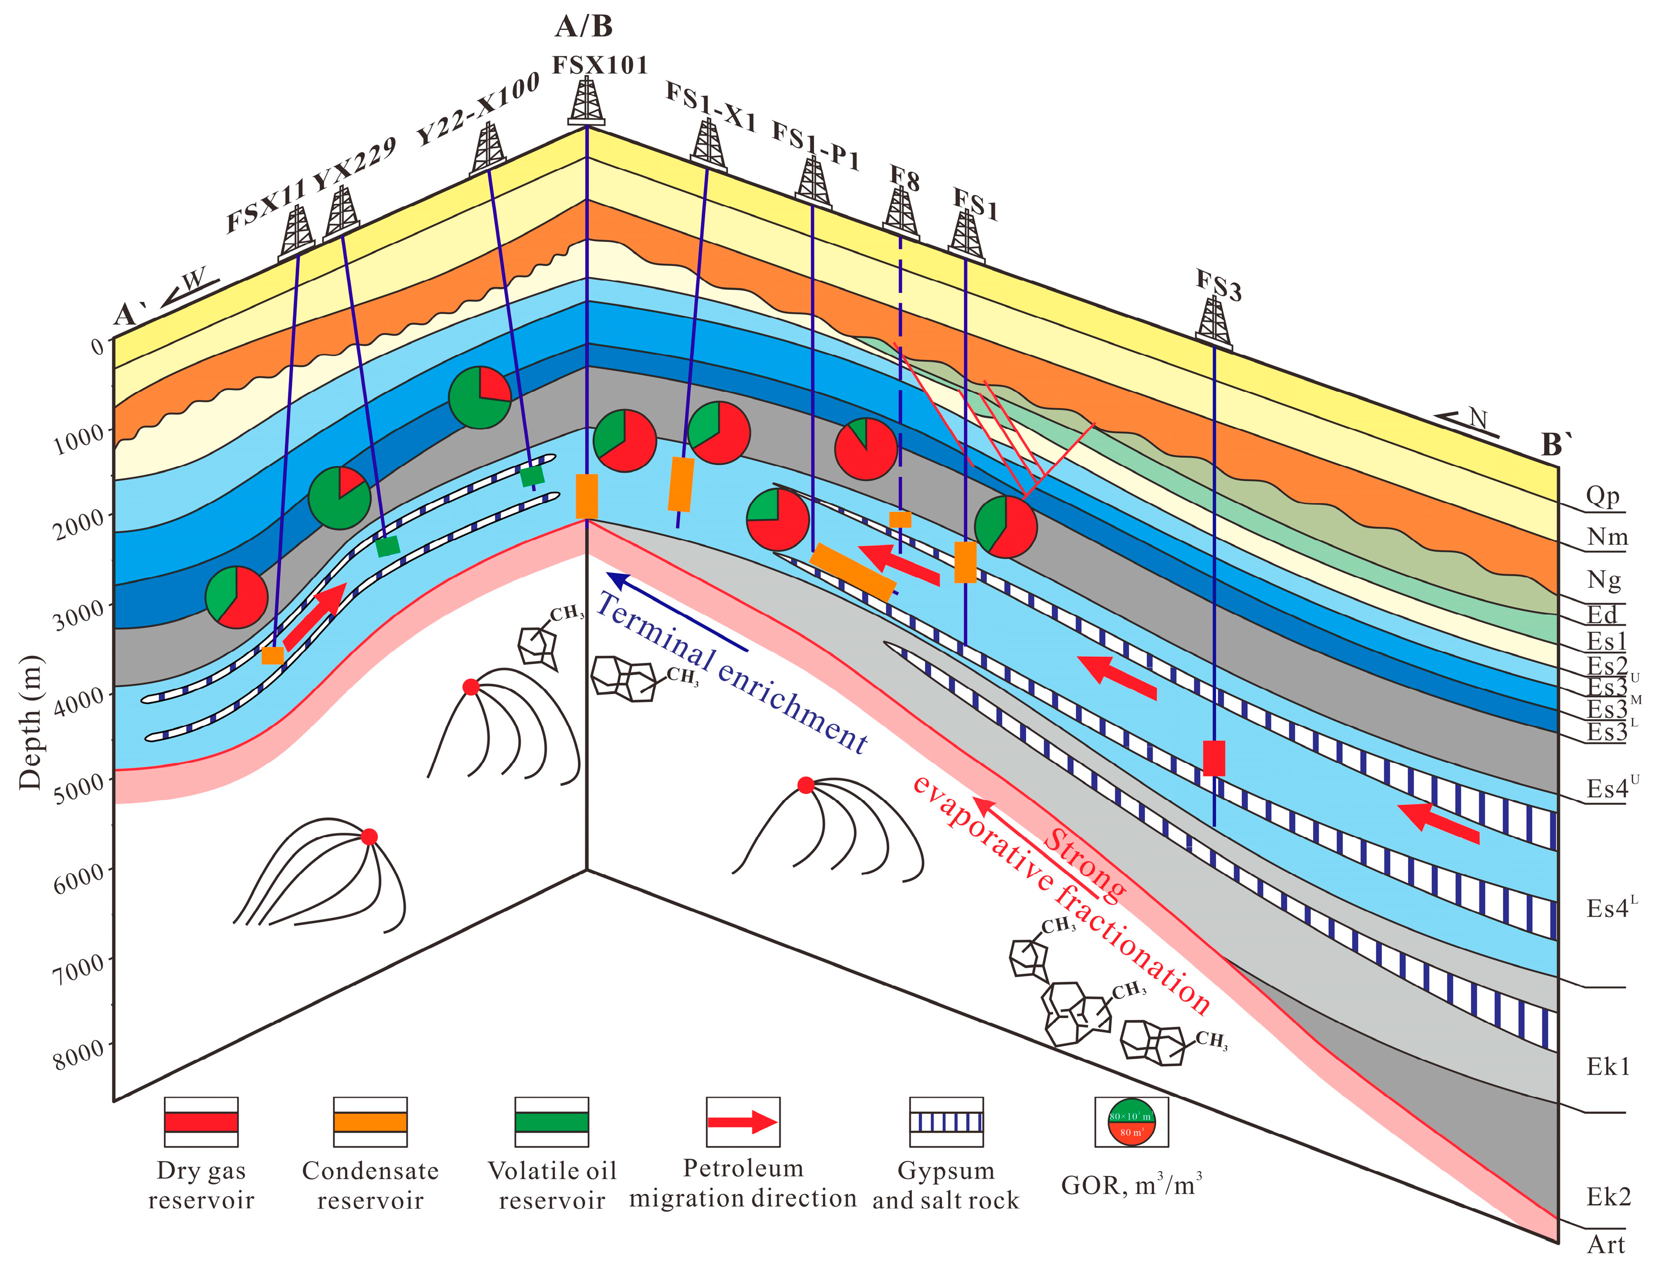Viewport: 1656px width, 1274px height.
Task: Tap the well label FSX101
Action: pyautogui.click(x=600, y=65)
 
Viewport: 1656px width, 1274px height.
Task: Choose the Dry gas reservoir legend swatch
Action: pyautogui.click(x=201, y=1122)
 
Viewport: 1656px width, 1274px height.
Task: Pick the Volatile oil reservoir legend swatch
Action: pyautogui.click(x=551, y=1122)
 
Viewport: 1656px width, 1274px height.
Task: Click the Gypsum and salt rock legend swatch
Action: pyautogui.click(x=946, y=1122)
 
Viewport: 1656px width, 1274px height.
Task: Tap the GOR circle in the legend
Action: pyautogui.click(x=1132, y=1122)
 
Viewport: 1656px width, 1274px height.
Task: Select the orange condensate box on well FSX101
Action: pyautogui.click(x=587, y=496)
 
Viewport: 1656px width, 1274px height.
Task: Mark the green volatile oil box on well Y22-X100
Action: pyautogui.click(x=532, y=475)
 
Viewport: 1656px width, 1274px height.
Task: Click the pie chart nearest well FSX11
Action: pyautogui.click(x=237, y=597)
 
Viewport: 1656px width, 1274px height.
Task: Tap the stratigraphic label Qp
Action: pyautogui.click(x=1602, y=495)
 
